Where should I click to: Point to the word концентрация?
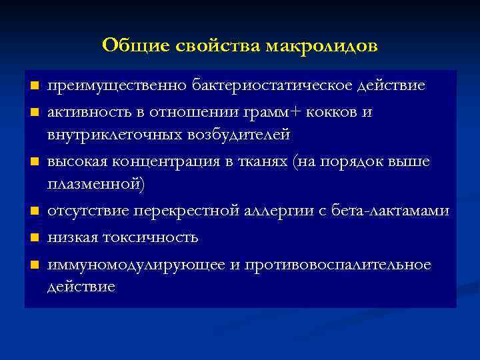tap(165, 162)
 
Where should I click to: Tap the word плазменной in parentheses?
tap(95, 185)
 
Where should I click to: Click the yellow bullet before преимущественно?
tap(34, 87)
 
